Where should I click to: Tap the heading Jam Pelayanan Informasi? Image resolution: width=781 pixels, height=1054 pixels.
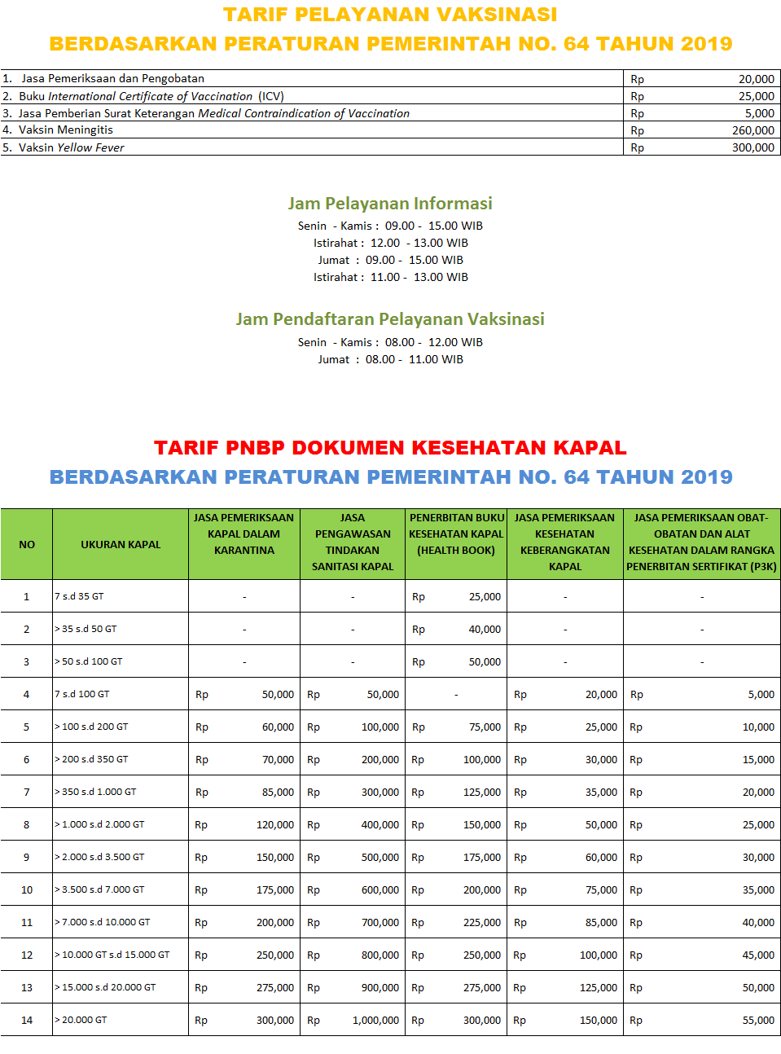click(390, 204)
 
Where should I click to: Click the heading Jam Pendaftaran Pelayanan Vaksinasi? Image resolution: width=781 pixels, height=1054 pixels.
click(390, 319)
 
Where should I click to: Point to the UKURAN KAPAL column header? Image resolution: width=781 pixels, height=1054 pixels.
click(121, 544)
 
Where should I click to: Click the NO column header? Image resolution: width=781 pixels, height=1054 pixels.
click(27, 544)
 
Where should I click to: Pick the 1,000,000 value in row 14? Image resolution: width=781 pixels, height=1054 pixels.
click(375, 1021)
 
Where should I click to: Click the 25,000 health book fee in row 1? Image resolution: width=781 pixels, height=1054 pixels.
click(485, 597)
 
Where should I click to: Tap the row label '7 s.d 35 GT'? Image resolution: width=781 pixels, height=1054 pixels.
click(80, 596)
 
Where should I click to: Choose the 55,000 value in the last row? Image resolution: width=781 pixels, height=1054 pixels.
click(758, 1021)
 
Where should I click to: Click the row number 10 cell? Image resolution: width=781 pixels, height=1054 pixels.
click(27, 889)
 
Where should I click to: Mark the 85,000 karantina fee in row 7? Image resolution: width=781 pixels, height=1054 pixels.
click(278, 793)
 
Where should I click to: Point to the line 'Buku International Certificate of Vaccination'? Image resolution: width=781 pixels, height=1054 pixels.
click(151, 96)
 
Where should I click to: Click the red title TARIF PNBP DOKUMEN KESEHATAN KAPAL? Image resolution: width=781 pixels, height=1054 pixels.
click(390, 448)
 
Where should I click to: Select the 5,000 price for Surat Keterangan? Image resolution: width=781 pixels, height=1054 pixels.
click(759, 113)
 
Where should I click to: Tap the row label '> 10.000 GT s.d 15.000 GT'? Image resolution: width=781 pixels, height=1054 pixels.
click(112, 955)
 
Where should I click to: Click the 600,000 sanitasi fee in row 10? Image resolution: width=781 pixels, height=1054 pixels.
click(380, 890)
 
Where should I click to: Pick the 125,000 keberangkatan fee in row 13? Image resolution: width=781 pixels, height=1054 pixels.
click(598, 988)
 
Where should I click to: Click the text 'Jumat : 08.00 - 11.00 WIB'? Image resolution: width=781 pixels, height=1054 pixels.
click(390, 359)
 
